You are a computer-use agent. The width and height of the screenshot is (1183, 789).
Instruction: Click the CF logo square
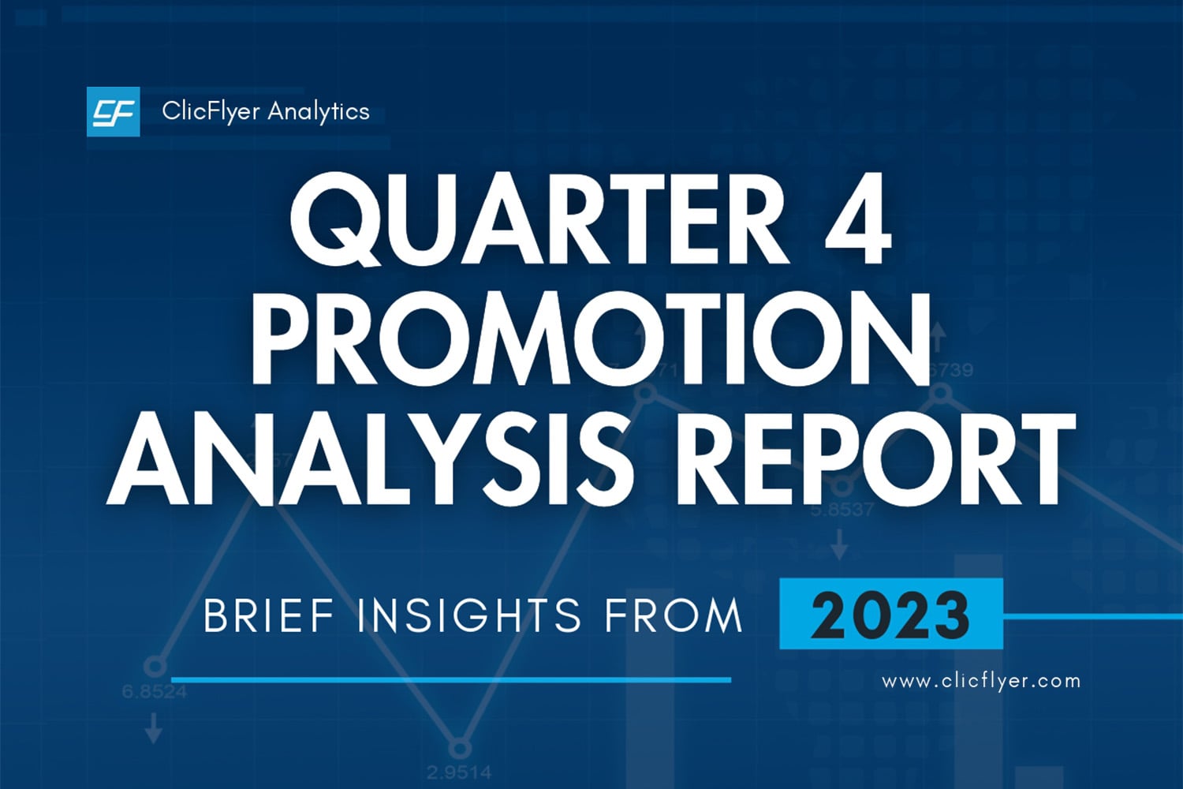(x=113, y=112)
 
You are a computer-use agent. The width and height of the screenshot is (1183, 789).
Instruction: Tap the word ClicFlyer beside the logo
(x=210, y=111)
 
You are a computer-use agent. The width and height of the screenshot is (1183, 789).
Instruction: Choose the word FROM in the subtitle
(x=674, y=616)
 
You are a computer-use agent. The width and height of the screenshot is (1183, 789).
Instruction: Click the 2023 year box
(x=890, y=615)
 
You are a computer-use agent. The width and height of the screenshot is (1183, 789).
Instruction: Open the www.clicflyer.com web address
(x=980, y=681)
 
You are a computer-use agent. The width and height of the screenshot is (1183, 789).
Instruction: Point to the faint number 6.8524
(x=154, y=692)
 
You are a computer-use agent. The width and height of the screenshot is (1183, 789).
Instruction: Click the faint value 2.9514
(x=459, y=771)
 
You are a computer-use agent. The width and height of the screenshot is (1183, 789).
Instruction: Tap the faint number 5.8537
(x=842, y=510)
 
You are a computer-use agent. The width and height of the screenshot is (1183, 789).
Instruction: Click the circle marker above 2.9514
(x=459, y=746)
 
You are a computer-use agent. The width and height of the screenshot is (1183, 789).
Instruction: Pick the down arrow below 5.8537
(x=840, y=544)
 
